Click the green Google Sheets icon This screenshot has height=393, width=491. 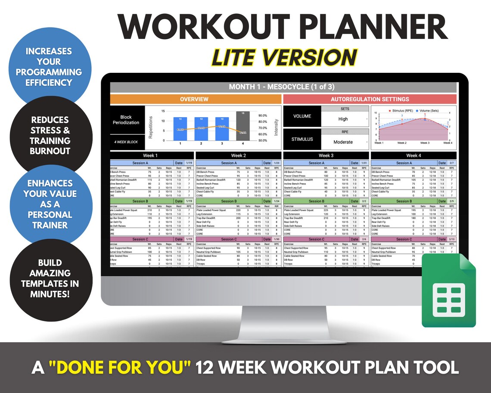[448, 290]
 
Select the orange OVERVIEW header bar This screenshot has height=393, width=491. [194, 99]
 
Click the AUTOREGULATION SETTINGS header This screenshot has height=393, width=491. [370, 99]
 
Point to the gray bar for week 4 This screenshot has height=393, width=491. [243, 125]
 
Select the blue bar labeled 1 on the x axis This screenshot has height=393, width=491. [180, 128]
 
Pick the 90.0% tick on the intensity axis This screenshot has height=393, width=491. [263, 115]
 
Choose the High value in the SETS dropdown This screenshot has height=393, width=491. [343, 119]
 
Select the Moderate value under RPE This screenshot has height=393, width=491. [343, 142]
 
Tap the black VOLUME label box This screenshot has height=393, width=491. [301, 116]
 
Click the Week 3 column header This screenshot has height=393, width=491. [326, 156]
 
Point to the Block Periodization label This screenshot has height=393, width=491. [126, 119]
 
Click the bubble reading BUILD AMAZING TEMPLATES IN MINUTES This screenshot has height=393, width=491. [50, 278]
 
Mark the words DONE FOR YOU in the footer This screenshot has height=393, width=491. [119, 368]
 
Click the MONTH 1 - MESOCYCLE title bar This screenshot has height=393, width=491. [283, 87]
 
